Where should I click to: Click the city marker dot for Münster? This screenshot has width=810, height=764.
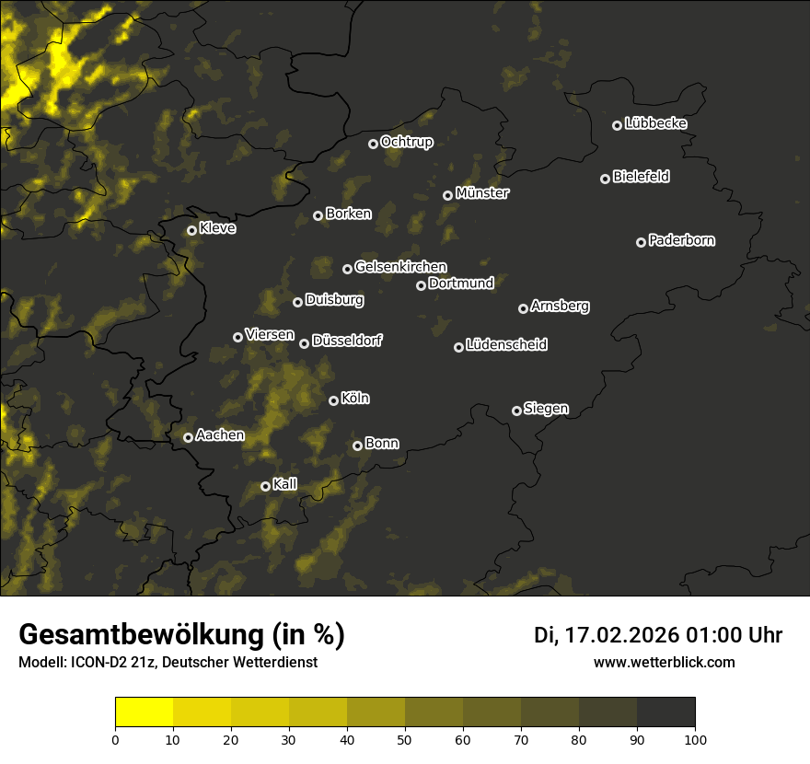pos(447,195)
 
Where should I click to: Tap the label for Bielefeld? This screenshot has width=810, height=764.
pos(641,177)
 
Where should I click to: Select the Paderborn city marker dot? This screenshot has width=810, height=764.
pos(641,242)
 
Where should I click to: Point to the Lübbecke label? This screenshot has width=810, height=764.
pos(655,123)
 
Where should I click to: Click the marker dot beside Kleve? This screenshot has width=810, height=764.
pos(191,230)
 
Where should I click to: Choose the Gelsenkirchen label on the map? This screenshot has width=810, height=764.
pos(400,267)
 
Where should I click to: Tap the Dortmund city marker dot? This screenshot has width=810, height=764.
pos(421,285)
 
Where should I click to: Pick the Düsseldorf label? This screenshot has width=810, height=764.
pos(347,341)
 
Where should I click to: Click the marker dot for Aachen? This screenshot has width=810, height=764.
pos(188,437)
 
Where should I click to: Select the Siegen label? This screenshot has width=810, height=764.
pos(546,409)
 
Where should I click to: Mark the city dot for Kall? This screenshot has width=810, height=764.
pos(265,486)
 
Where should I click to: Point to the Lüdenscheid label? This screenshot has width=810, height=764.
pos(506,345)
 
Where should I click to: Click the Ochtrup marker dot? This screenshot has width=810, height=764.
pos(373,144)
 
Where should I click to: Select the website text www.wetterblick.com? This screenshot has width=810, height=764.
pos(664,662)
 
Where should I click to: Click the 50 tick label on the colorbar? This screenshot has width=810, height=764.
pos(405,739)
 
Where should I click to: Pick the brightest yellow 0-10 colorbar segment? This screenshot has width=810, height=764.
pos(144,712)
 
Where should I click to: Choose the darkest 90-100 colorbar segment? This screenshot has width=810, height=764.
pos(665,712)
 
